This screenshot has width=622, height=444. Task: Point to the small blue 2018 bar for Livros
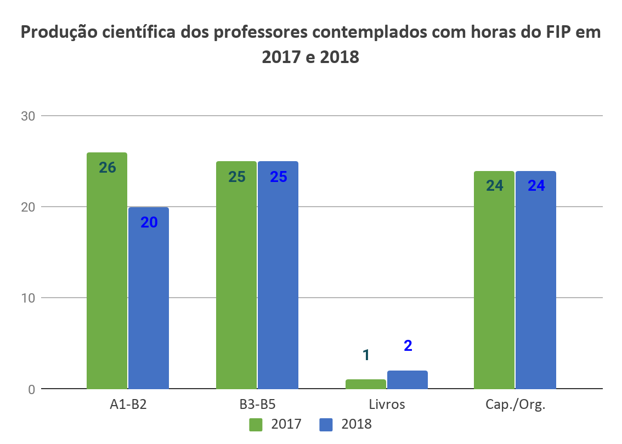tap(408, 380)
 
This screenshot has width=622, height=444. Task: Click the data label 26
tap(107, 168)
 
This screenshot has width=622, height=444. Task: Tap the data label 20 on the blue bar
tap(149, 223)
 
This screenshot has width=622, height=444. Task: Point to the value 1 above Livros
tap(366, 355)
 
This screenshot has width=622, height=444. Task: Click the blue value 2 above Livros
tap(408, 346)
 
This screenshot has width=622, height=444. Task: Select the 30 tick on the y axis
tap(28, 116)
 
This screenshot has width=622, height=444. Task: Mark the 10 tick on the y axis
tap(28, 298)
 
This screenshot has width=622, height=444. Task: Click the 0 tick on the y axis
tap(31, 389)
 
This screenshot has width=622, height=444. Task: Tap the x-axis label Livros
tap(387, 405)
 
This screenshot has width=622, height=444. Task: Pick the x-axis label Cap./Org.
tap(516, 405)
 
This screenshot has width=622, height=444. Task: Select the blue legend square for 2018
tap(326, 424)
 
